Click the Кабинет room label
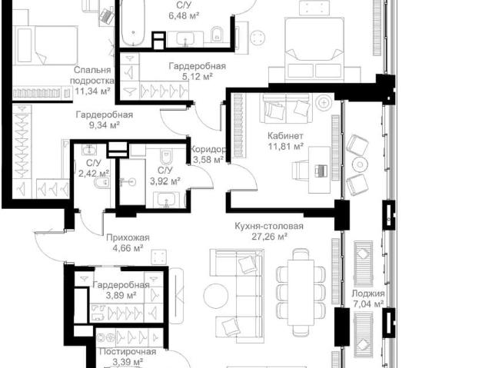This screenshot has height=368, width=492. point(285,136)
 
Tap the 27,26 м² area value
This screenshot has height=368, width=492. point(270,237)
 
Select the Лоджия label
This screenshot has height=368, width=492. point(367,293)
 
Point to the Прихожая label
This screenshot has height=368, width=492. point(128,237)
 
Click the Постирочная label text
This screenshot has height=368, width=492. point(128,352)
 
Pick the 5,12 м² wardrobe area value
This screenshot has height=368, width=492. point(198,77)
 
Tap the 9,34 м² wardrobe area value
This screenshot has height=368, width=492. point(105,125)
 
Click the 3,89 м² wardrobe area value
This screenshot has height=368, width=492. point(121,295)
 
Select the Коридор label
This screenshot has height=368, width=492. point(208,149)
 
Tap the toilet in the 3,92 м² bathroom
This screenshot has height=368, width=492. point(165,157)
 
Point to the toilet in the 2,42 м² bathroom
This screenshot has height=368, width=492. point(102,182)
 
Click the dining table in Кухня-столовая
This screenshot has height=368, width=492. point(301,292)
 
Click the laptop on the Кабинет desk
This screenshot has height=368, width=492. point(321,171)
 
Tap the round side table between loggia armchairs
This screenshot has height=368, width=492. point(360,164)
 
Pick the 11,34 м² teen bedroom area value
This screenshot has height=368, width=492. point(92,91)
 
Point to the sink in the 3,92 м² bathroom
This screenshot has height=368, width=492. point(166,200)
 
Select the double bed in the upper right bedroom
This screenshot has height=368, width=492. point(314,48)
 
